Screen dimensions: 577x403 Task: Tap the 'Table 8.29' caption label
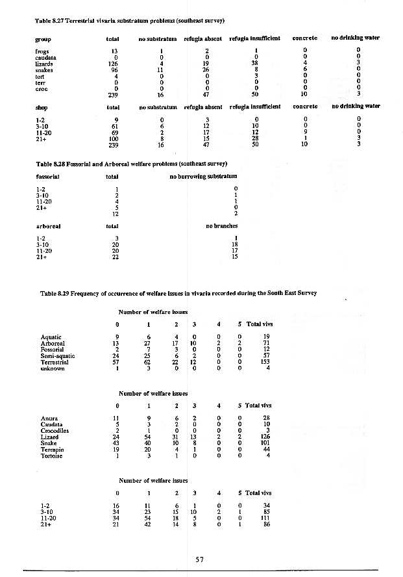tap(55, 293)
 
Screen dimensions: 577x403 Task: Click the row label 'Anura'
tap(49, 418)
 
